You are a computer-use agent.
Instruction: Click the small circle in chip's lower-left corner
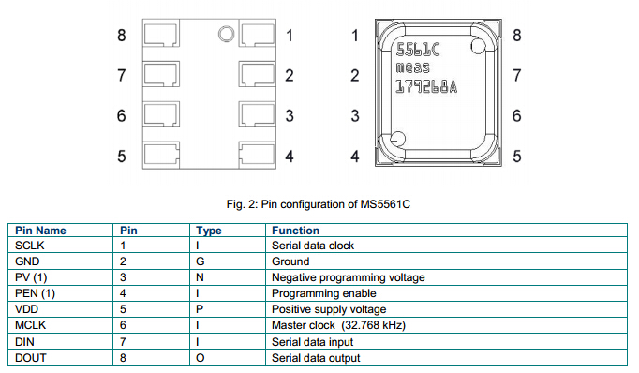pos(396,142)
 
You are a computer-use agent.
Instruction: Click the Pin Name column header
pos(41,231)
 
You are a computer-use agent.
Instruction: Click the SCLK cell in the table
pos(32,246)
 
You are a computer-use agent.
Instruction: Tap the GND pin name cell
pos(29,262)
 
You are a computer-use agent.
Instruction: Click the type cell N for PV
pos(201,278)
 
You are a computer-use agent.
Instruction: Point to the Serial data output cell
pos(316,358)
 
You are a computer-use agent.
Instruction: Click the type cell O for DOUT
pos(201,358)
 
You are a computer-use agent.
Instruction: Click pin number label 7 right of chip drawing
pos(516,76)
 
